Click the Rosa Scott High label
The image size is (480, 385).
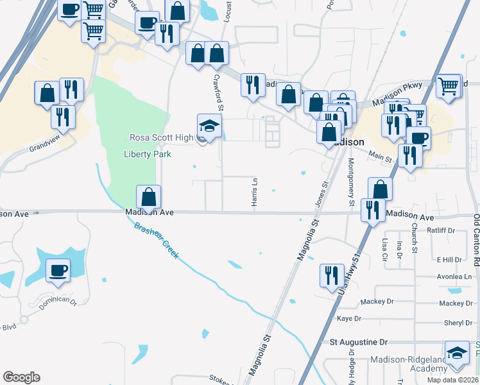click(x=161, y=137)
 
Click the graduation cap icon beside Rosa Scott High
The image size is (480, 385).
click(x=209, y=125)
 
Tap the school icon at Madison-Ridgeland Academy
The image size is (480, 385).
click(x=457, y=354)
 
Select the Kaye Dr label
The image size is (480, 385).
click(x=349, y=318)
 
